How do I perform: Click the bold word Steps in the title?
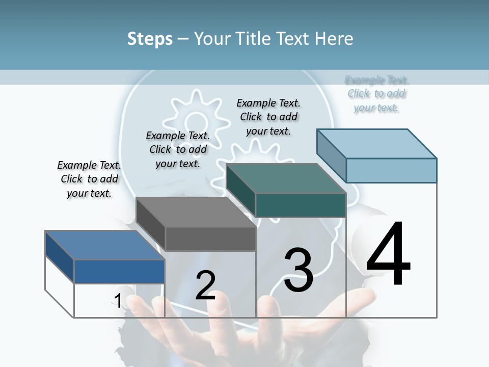coord(150,39)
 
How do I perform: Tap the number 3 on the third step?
coord(298,270)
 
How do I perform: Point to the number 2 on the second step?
coord(205,285)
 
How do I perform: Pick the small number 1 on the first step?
coord(118,301)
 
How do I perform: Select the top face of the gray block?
coord(196,212)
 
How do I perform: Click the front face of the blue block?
coord(119,271)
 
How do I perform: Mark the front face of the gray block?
coord(210,239)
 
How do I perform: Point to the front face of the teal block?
coord(301,205)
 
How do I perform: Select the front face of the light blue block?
coord(391,170)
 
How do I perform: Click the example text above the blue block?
coord(89,179)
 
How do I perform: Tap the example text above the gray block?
coord(178,149)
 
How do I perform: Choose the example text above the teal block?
coord(268,117)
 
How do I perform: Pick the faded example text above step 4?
coord(376,94)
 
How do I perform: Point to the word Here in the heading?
coord(334,39)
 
